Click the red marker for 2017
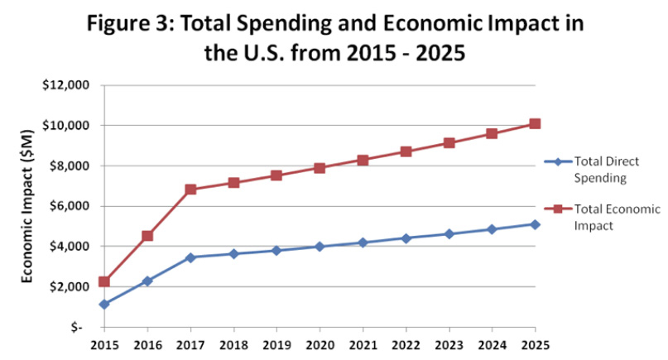tap(190, 190)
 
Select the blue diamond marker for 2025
tap(535, 224)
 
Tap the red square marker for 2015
tap(104, 281)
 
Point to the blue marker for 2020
tap(320, 247)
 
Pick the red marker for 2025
tap(535, 124)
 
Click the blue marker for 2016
tap(147, 281)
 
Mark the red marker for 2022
tap(406, 151)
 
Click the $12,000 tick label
tap(65, 85)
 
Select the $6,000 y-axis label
tap(68, 206)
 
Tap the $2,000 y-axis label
tap(68, 286)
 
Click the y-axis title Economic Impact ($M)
tap(27, 206)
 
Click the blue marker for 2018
tap(233, 253)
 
